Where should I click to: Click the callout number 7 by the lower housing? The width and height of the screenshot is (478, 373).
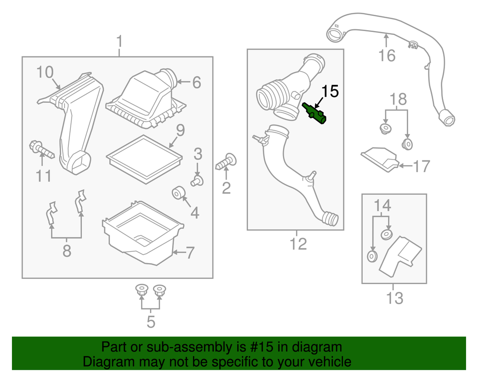[190, 253]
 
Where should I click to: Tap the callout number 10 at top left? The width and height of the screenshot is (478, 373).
[45, 73]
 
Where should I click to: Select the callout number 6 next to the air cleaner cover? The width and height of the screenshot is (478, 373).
[196, 83]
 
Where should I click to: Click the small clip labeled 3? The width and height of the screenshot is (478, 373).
[197, 180]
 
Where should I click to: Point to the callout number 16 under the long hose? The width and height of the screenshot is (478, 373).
[387, 55]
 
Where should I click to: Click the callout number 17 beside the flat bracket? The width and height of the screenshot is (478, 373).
[422, 166]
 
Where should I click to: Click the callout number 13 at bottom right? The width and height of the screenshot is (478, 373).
[394, 298]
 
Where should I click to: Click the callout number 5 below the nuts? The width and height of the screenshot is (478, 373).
[151, 321]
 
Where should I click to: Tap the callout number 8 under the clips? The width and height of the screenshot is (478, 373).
[66, 250]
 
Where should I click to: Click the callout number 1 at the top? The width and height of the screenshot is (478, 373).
[119, 42]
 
